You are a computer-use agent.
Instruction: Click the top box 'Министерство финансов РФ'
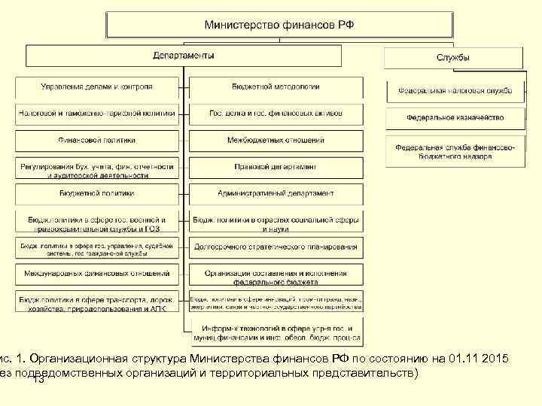point(279,25)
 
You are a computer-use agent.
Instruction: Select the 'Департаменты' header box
point(184,56)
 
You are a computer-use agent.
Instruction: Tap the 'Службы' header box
point(453,58)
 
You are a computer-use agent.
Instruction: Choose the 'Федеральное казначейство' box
point(454,117)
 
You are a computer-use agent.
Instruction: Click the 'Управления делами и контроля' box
point(97,86)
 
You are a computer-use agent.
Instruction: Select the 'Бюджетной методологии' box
point(276,86)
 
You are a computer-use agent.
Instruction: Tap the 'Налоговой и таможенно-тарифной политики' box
point(97,114)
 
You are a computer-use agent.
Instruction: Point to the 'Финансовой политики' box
point(97,140)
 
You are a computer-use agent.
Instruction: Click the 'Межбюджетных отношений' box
point(276,140)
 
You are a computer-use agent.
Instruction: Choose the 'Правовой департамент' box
point(276,167)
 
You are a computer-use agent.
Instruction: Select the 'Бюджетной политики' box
point(97,193)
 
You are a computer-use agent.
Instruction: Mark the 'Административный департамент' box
point(276,193)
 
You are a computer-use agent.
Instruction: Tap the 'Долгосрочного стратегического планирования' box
point(276,247)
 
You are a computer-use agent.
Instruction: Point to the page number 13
point(39,380)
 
